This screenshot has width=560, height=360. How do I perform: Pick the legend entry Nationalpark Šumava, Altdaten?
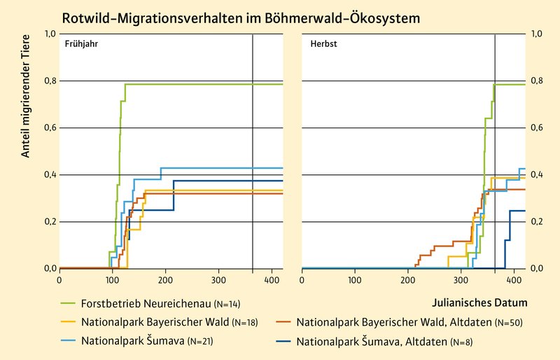pos(379,343)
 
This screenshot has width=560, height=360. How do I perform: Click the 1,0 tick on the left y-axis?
pos(50,34)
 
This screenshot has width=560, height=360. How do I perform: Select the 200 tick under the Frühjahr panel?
pos(165,279)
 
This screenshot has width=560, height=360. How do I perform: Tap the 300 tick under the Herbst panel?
pos(461,279)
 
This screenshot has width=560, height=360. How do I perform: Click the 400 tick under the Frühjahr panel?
pos(272,279)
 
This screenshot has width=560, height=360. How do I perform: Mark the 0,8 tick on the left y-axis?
pos(50,81)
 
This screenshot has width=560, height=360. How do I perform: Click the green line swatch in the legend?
pos(69,303)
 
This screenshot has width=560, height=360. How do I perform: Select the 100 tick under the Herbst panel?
pos(354,279)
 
